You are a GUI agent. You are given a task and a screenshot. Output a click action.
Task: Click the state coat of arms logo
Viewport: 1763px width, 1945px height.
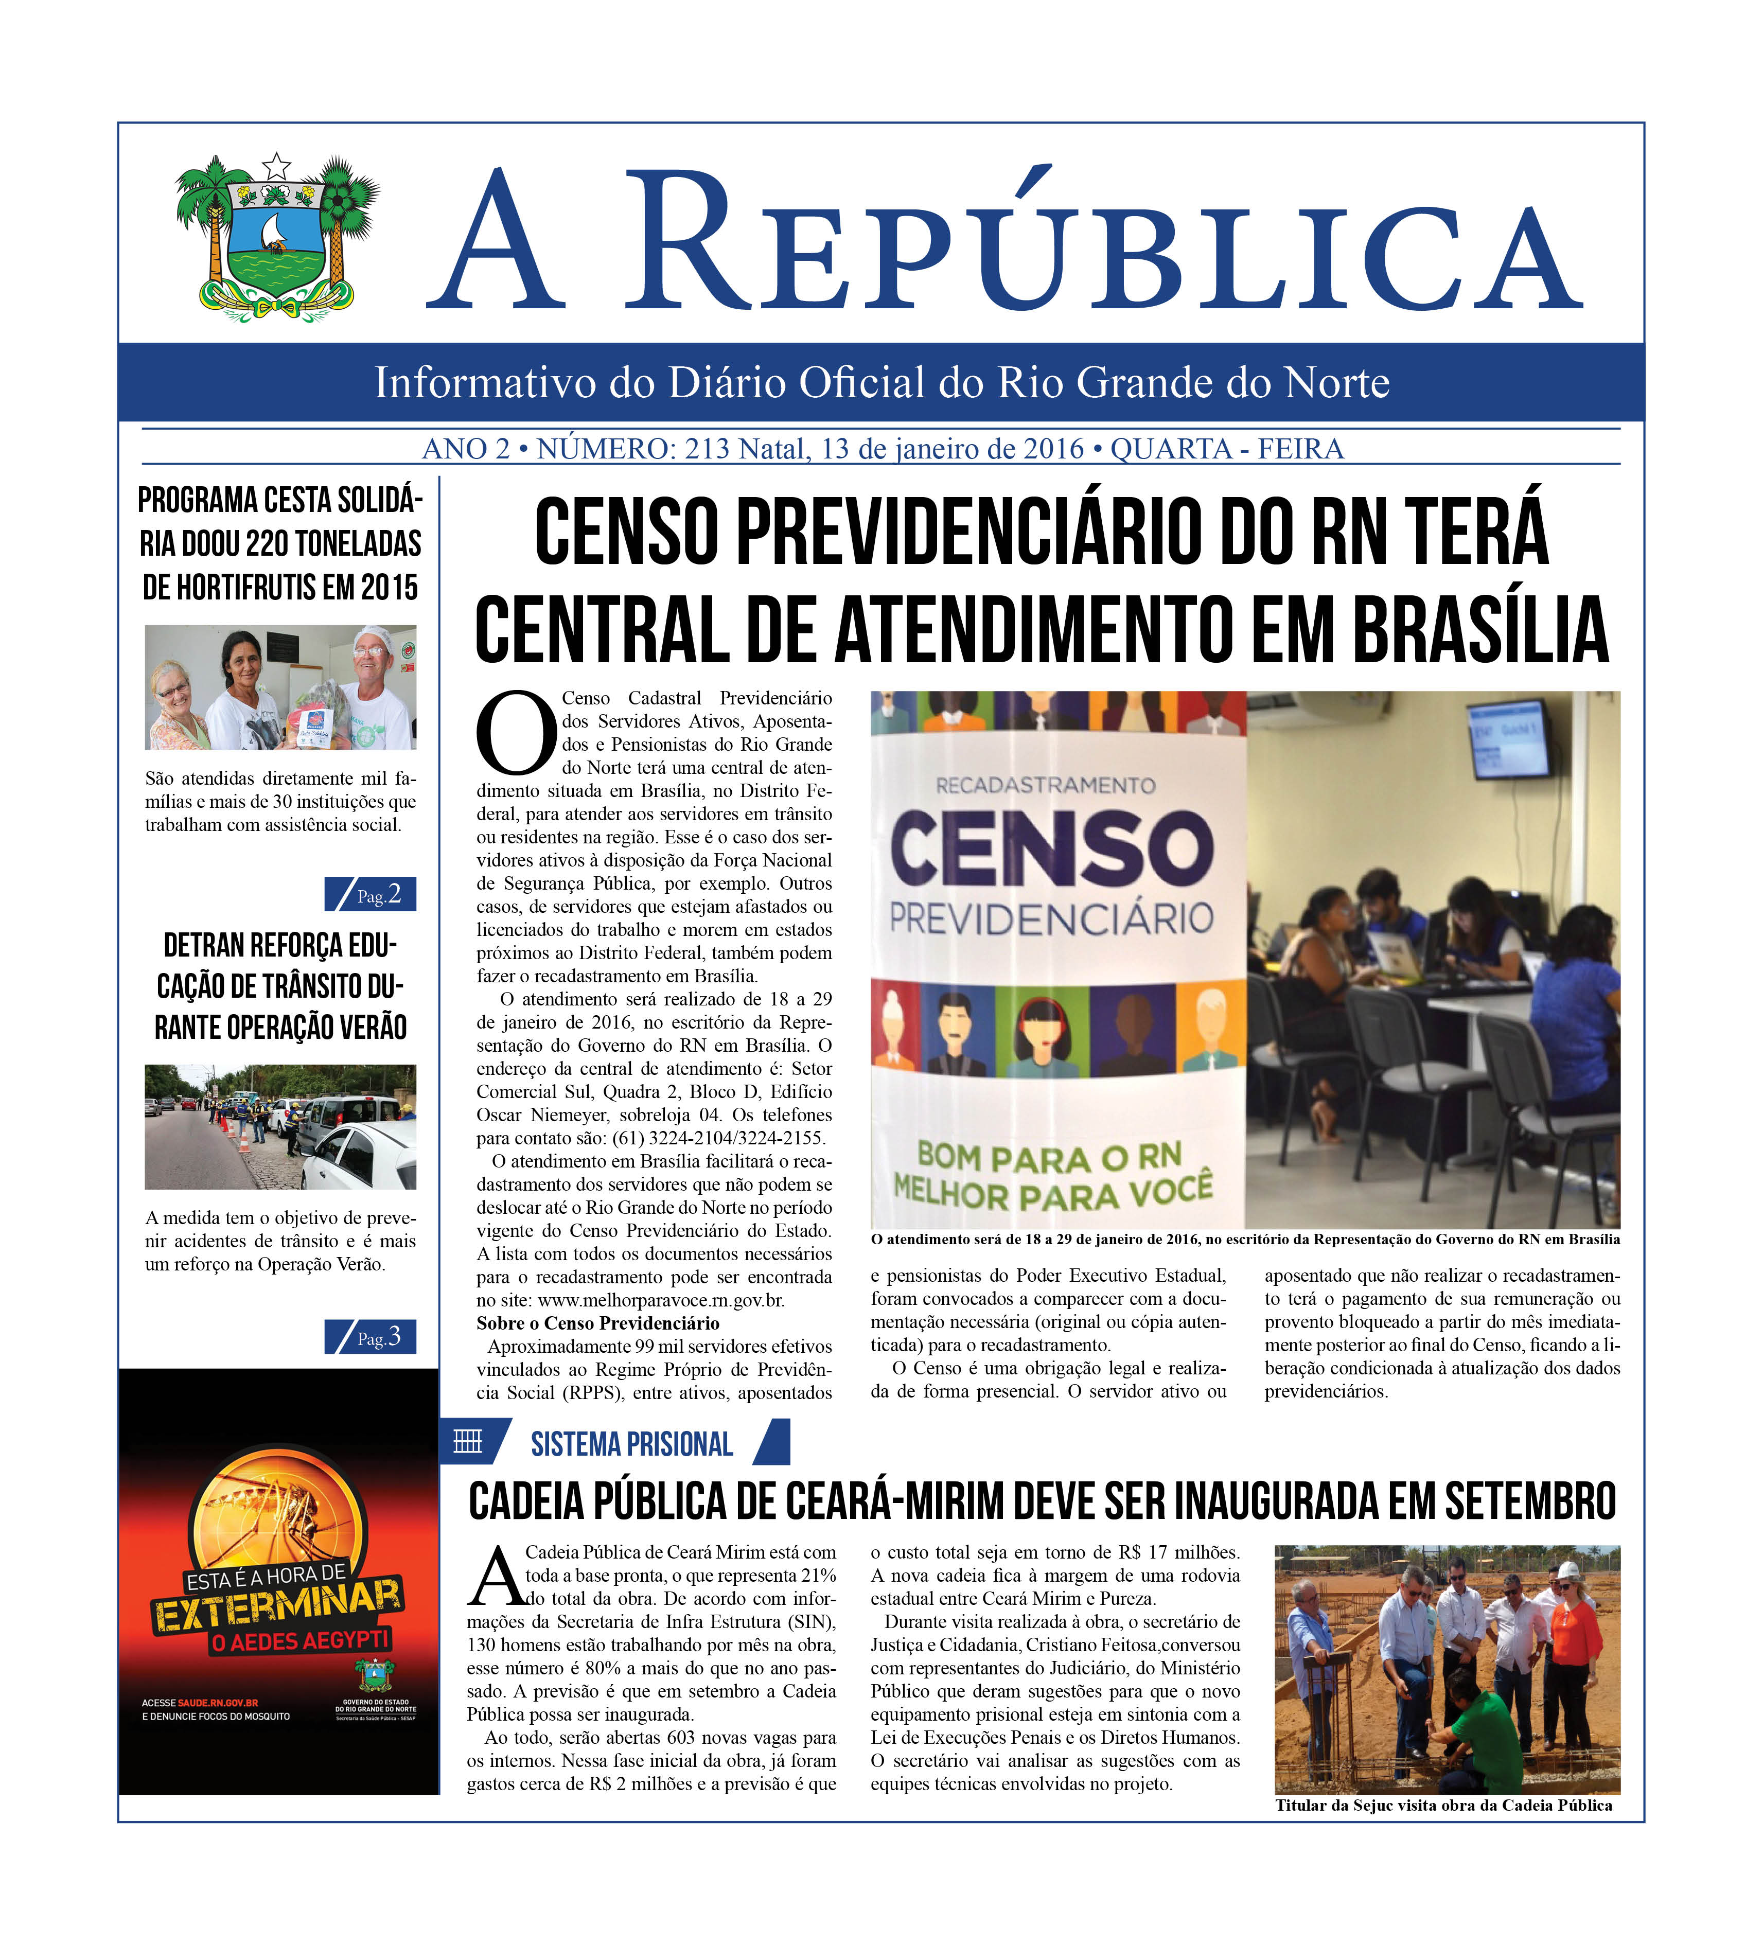[277, 237]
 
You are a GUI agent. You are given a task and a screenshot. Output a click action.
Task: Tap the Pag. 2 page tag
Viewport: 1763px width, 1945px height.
[371, 894]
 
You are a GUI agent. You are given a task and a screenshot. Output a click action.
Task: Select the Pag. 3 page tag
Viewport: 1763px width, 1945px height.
[371, 1337]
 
